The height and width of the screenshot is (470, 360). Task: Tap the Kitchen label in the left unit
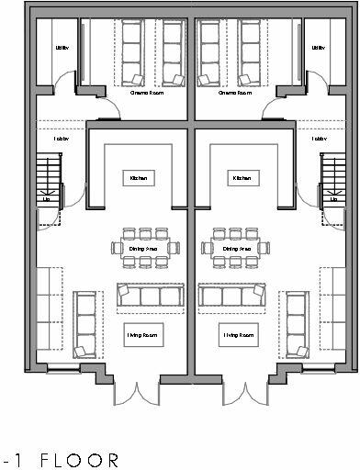[x=138, y=178]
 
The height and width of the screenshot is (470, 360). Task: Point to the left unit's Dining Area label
[x=138, y=249]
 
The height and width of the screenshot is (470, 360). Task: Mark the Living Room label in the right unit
[x=236, y=337]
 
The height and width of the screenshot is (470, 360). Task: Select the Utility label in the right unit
[x=319, y=48]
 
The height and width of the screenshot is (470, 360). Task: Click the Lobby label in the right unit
[x=319, y=140]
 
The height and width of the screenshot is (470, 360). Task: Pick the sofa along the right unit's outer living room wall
[x=296, y=324]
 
